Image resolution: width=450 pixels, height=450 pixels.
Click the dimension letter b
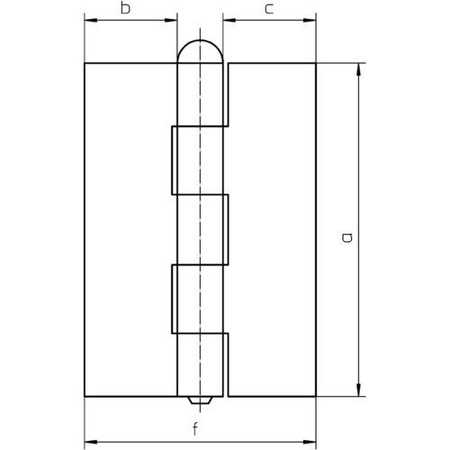(125, 8)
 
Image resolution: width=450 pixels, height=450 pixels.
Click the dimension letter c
(269, 9)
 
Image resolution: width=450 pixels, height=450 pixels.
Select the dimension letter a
(347, 238)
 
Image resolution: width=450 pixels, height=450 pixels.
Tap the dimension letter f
(195, 428)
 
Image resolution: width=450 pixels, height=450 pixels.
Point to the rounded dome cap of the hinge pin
(201, 40)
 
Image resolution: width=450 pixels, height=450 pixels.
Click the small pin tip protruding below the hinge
(200, 400)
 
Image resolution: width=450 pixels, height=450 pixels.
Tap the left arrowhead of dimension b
(91, 21)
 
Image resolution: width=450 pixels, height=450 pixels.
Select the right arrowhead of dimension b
(171, 21)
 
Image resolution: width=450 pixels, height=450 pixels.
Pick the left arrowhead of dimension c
(229, 21)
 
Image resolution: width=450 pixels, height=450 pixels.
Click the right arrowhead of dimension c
(310, 21)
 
